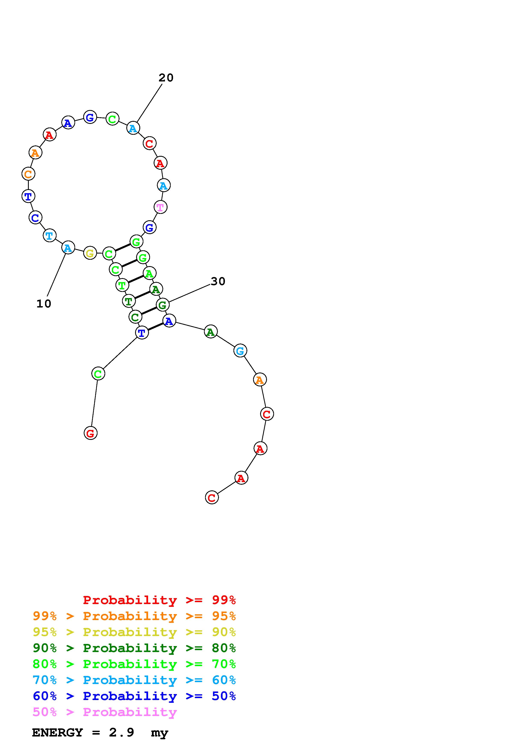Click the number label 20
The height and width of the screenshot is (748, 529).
tap(166, 78)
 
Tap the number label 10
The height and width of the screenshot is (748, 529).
tap(44, 304)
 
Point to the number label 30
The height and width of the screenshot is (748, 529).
tap(218, 281)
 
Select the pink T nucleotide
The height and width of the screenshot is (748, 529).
tap(160, 207)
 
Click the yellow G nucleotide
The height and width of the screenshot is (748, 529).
tap(90, 253)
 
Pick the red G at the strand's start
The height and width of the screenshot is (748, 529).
tap(91, 433)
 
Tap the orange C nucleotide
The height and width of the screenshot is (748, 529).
tap(28, 174)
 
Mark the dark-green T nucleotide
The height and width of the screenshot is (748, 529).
tap(129, 301)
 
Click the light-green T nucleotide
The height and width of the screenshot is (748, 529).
tap(122, 285)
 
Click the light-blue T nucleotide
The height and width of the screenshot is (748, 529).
tap(50, 235)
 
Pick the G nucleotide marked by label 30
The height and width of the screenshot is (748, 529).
tap(162, 305)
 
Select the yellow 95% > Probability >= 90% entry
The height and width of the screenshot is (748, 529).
tap(134, 632)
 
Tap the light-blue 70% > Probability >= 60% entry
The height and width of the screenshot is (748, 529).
tap(134, 680)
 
